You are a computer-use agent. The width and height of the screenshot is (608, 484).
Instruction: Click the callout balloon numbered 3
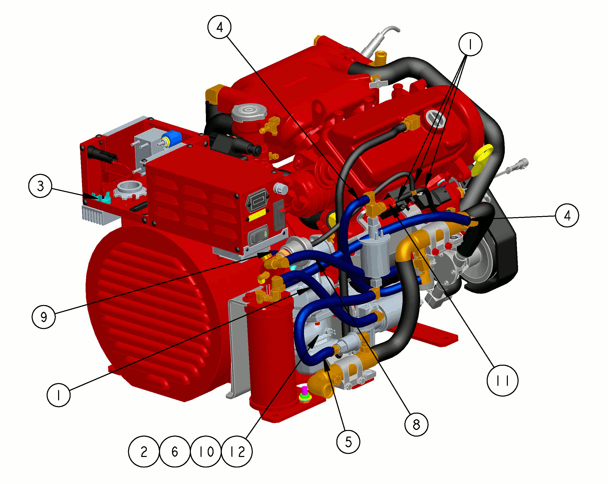(x=40, y=186)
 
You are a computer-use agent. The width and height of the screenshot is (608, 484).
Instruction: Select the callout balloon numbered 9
(x=44, y=317)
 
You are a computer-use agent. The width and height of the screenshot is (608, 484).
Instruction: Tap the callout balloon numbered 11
(x=503, y=381)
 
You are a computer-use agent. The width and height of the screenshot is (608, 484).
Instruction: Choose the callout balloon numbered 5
(x=349, y=442)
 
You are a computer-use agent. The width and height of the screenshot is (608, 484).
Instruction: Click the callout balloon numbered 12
(x=237, y=452)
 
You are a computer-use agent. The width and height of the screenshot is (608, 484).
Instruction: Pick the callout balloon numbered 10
(x=206, y=452)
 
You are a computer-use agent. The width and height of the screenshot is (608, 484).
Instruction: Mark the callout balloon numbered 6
(x=175, y=452)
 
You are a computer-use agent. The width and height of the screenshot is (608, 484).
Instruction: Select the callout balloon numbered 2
(x=144, y=452)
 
